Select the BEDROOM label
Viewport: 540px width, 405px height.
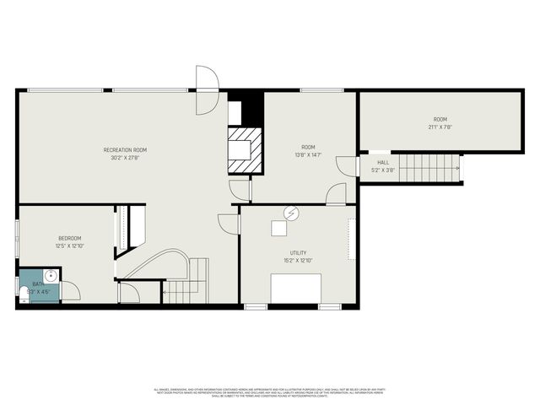tap(69, 238)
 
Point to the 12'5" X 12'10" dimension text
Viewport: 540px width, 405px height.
tap(69, 246)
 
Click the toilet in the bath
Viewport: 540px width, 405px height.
tap(23, 294)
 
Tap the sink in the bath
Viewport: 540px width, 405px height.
tap(50, 275)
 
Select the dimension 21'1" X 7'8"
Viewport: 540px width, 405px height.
tap(440, 127)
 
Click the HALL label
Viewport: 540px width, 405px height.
tap(383, 163)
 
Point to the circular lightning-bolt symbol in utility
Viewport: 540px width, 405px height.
tap(290, 213)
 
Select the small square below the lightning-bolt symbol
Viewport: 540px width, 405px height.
tap(278, 227)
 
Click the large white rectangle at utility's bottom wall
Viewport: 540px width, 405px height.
tap(294, 288)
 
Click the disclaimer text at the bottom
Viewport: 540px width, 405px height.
tap(270, 392)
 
